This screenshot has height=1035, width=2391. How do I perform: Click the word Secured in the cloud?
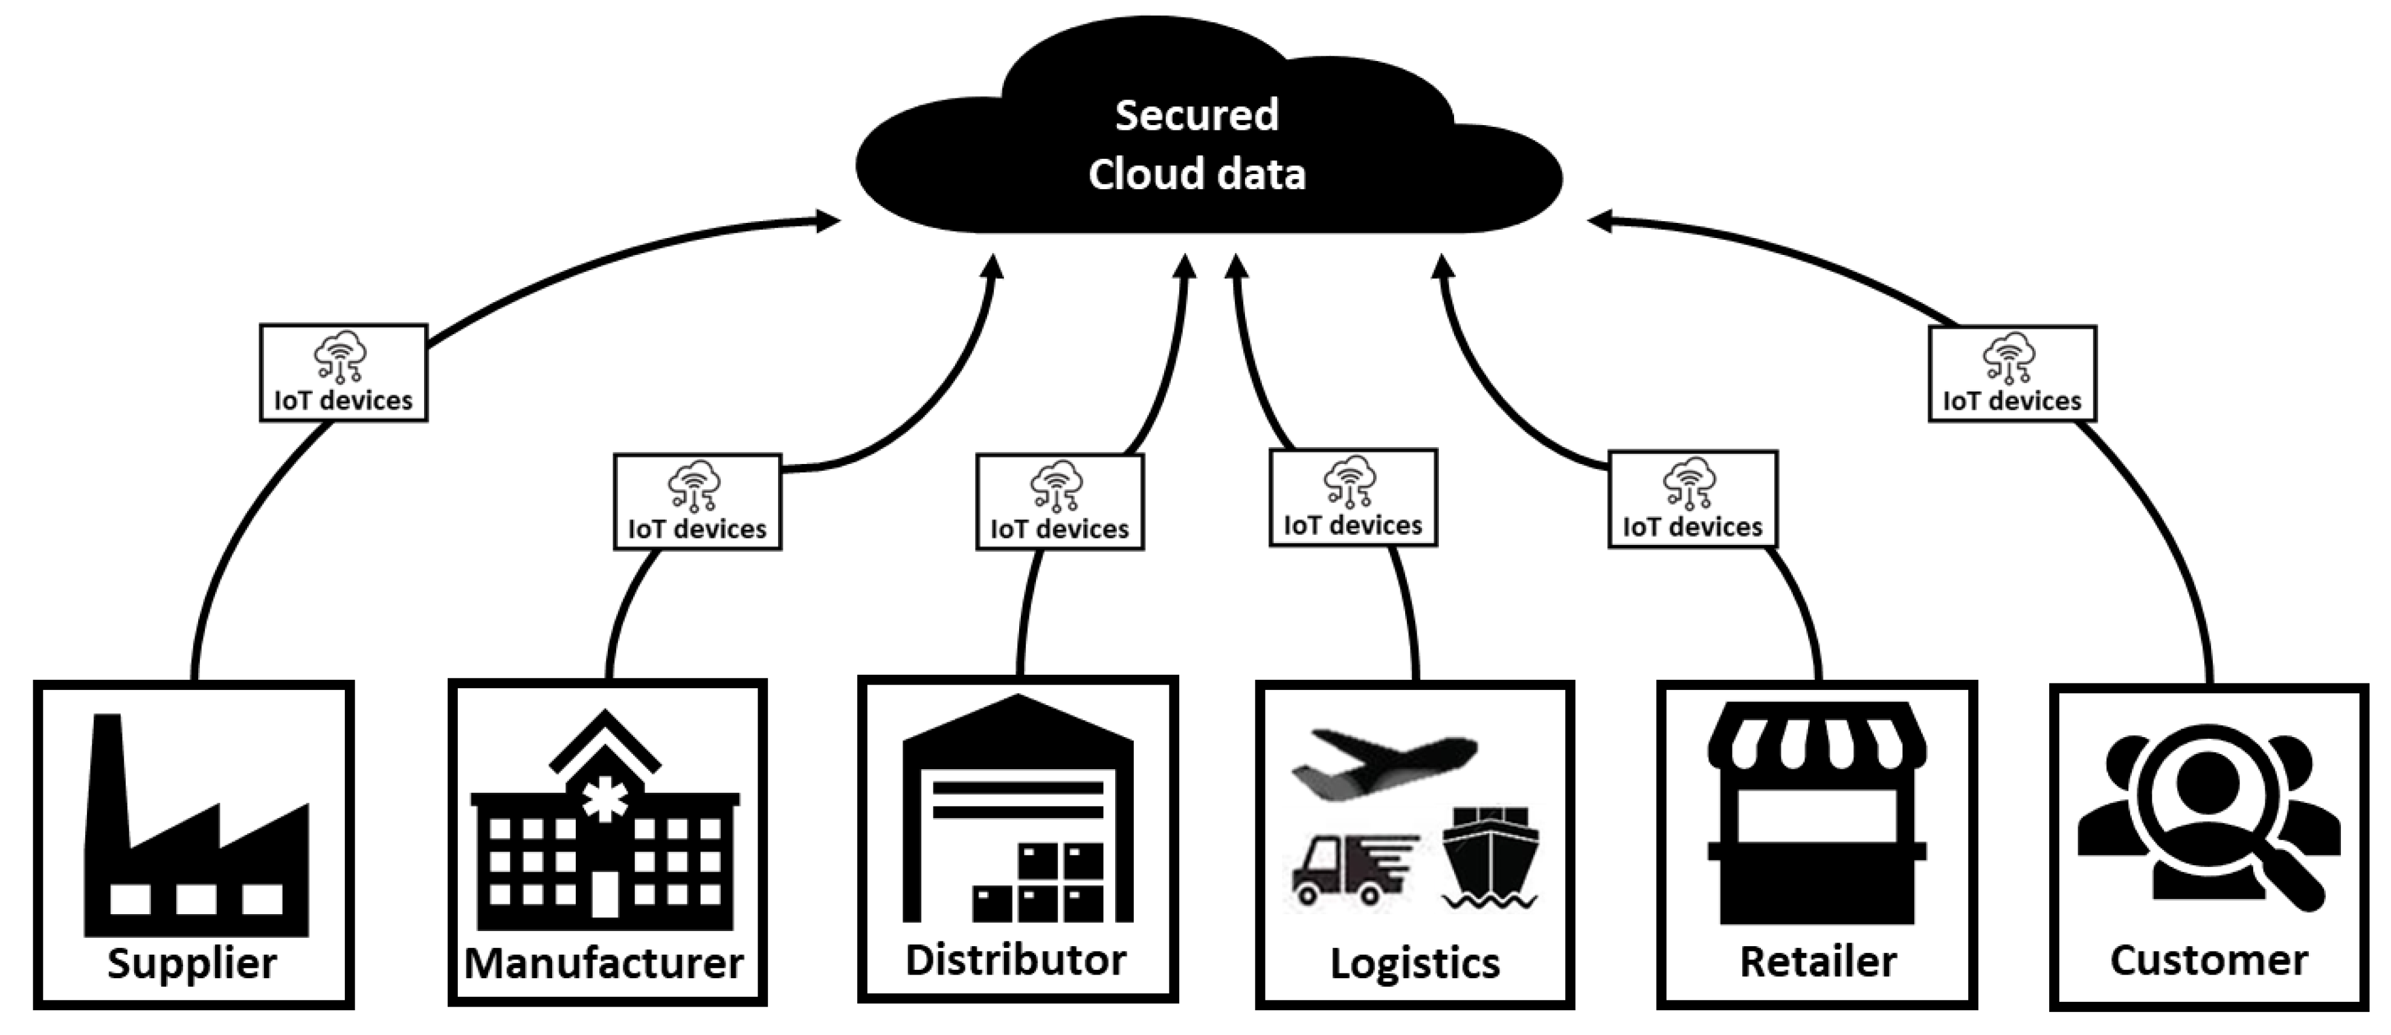click(1197, 115)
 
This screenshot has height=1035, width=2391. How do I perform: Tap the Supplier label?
click(192, 962)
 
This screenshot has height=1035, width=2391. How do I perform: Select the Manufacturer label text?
click(604, 962)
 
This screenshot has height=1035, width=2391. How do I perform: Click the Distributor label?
click(1016, 960)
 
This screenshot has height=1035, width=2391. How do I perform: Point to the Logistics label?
click(1415, 962)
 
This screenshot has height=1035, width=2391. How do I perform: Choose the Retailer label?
click(1817, 962)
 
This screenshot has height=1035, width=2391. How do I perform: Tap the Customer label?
click(2209, 960)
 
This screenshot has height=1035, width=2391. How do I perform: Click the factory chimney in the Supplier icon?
click(107, 780)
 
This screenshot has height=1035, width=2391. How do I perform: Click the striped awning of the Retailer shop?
click(1817, 738)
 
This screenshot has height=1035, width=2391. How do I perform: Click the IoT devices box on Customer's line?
click(2012, 374)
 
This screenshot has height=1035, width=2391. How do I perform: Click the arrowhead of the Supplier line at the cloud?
click(828, 221)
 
